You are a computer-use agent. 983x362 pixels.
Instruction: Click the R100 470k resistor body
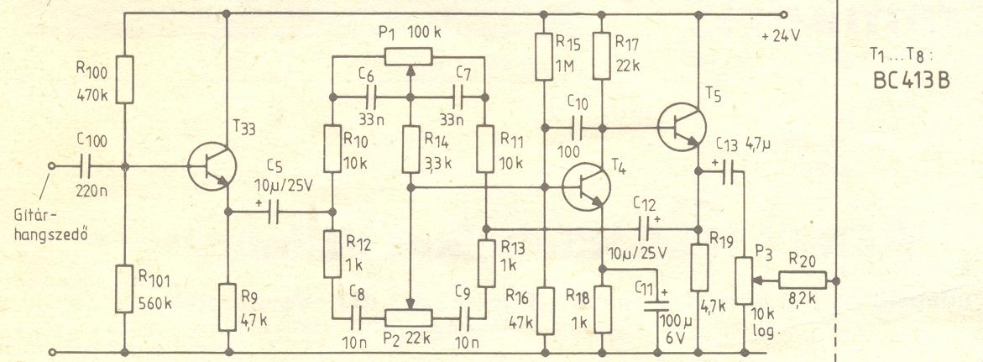tap(123, 79)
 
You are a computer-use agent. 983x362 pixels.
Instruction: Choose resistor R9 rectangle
tap(228, 307)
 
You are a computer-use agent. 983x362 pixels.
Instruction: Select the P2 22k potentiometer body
tap(409, 317)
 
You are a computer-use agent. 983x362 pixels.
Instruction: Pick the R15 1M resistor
tap(544, 55)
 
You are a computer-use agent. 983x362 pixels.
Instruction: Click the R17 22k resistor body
tap(602, 55)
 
